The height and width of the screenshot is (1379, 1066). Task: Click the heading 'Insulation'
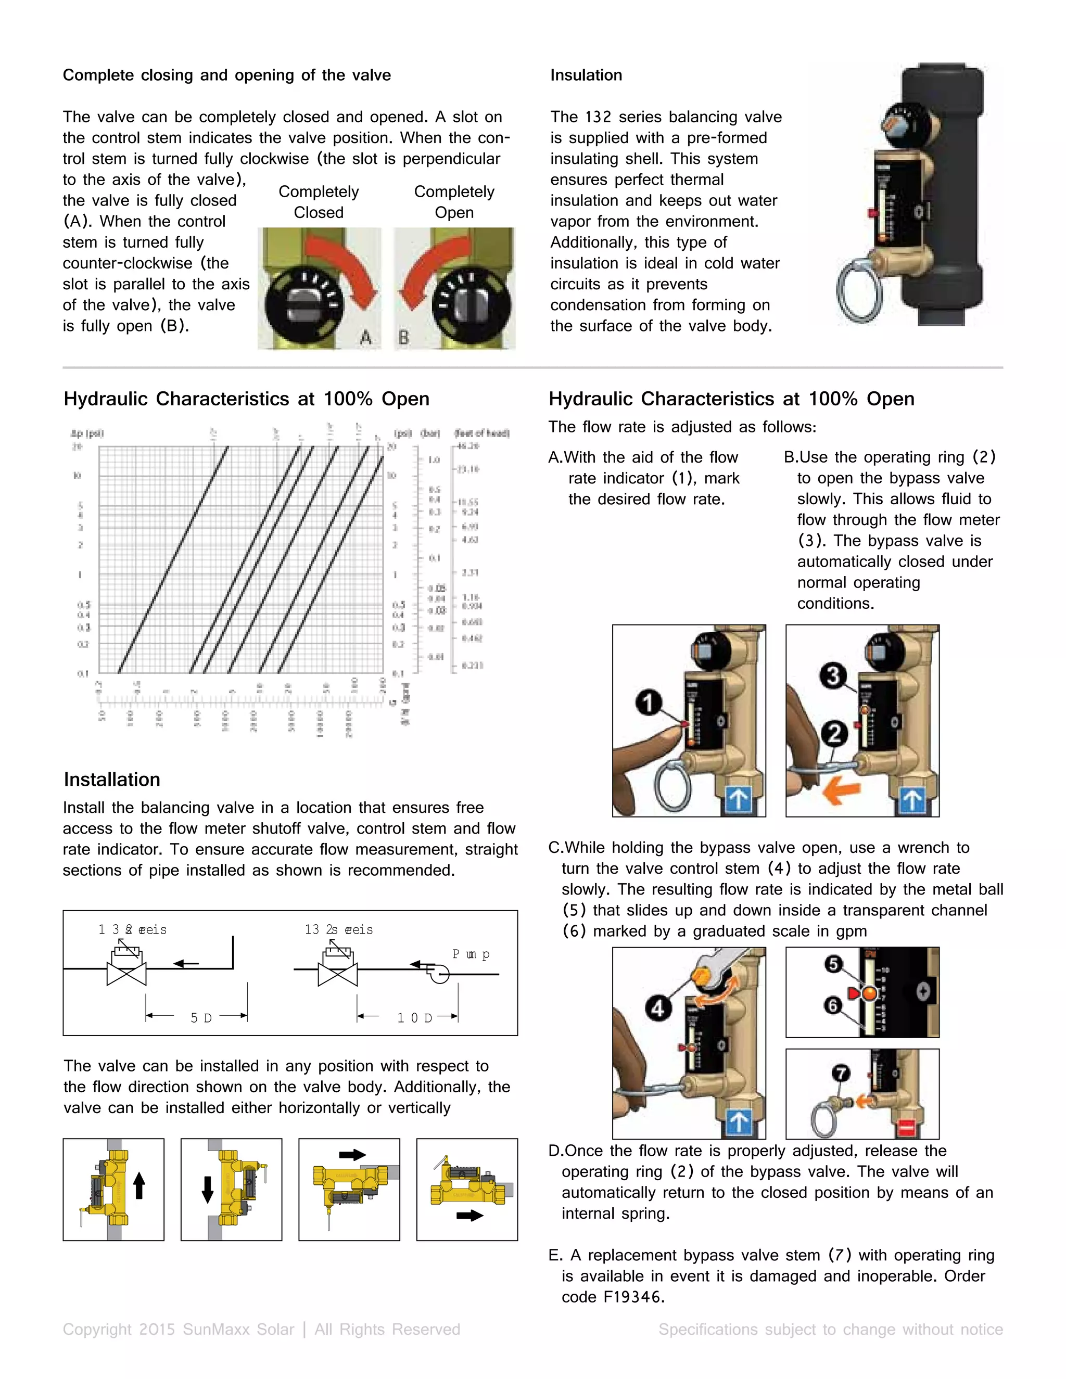tap(586, 75)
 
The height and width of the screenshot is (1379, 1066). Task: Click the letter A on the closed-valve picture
tap(365, 338)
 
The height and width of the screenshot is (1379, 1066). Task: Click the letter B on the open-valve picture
tap(403, 338)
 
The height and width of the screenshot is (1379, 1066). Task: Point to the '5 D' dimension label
tap(201, 1018)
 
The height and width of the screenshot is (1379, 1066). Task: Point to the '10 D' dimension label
tap(414, 1018)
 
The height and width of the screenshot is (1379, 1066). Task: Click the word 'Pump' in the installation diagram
tap(471, 954)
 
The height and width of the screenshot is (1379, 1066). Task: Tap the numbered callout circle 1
tap(649, 702)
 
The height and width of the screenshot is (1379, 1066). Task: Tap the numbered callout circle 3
tap(833, 675)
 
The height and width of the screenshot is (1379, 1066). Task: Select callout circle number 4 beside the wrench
tap(657, 1008)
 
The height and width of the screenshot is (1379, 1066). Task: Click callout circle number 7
tap(841, 1073)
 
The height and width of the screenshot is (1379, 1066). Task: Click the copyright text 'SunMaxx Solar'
tap(238, 1329)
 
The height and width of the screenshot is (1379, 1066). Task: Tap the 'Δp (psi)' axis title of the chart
tap(87, 433)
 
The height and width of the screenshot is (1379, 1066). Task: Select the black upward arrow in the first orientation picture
tap(139, 1186)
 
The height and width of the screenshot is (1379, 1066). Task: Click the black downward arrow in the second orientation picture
tap(207, 1190)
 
